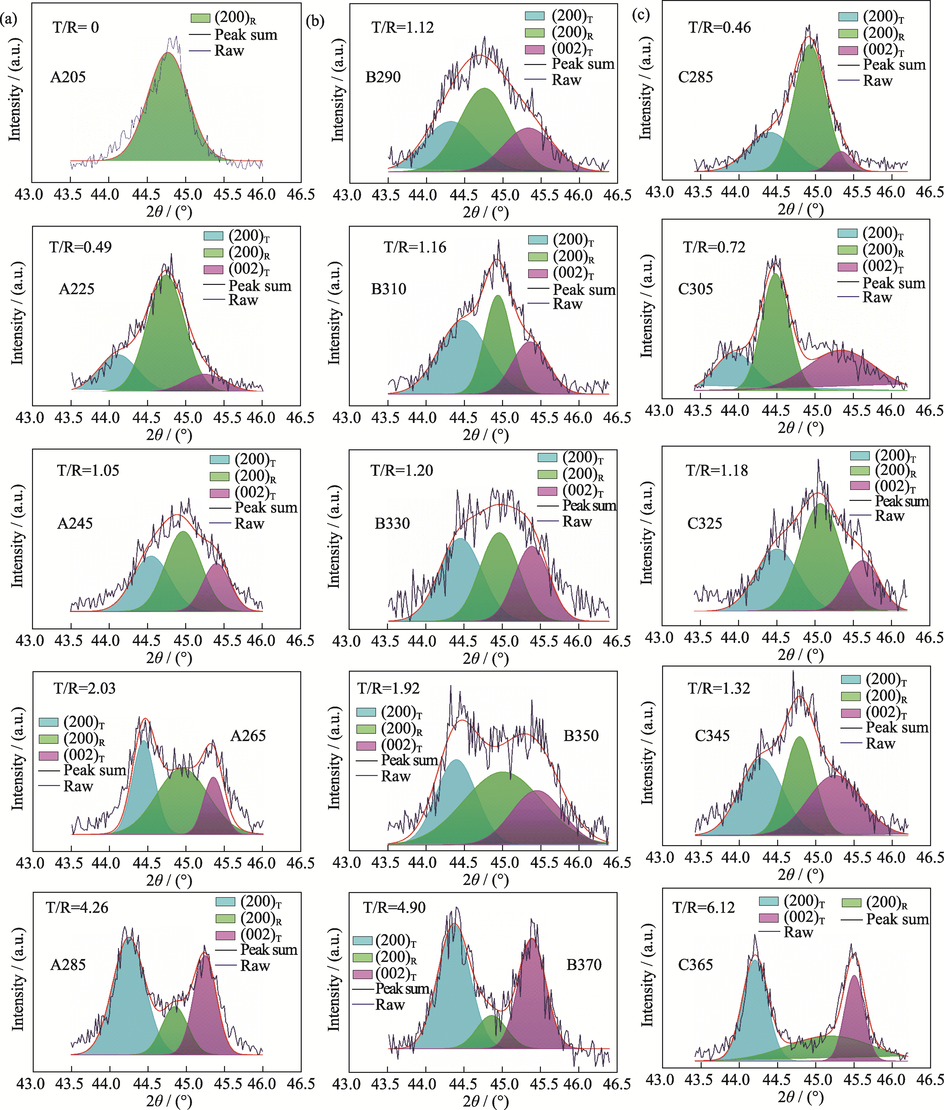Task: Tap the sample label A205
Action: (x=68, y=77)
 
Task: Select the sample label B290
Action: (x=383, y=77)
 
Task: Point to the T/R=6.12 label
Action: (x=704, y=908)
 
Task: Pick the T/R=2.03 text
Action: (x=85, y=688)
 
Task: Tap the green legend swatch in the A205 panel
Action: (x=200, y=18)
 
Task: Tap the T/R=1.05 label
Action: (x=88, y=470)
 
